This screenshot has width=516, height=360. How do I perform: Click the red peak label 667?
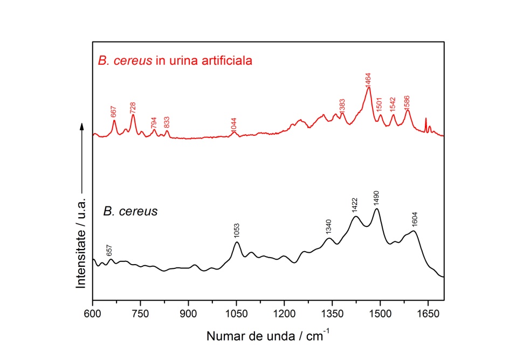(x=114, y=111)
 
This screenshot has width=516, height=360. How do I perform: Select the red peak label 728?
(x=133, y=106)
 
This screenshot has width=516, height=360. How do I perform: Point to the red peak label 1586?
(x=407, y=101)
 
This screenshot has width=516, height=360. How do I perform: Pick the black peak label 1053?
(x=237, y=231)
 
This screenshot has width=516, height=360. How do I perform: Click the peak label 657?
(x=110, y=250)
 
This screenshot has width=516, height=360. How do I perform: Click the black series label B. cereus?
(x=130, y=211)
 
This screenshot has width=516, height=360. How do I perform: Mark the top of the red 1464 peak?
(x=369, y=88)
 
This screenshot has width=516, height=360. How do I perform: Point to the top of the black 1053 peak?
(x=237, y=242)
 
